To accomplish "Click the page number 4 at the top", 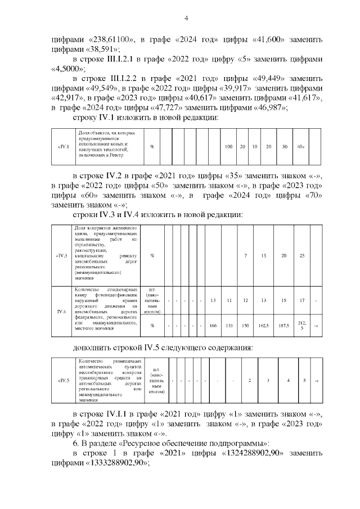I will pos(186,19).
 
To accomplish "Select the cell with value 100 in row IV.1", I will pos(229,147).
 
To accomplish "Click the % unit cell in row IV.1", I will pos(152,147).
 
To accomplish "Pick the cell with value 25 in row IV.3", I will pos(302,255).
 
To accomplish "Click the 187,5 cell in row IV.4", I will pos(284,326).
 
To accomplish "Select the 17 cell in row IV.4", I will pos(302,300).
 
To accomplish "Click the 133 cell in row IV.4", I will pos(229,326).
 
